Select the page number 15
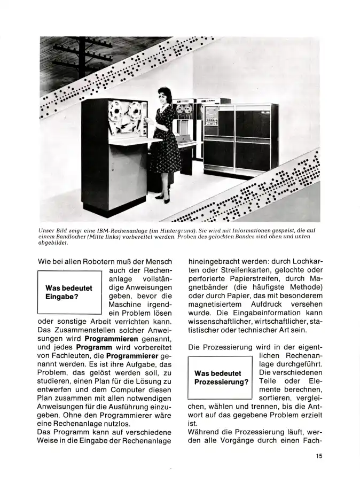tap(318, 456)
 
